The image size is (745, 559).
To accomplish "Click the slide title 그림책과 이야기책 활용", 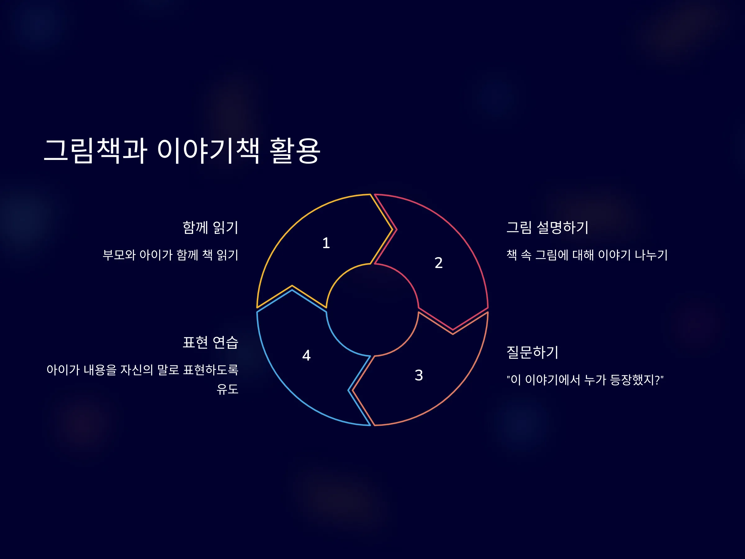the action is (x=182, y=151).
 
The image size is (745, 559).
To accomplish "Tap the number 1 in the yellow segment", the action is (x=326, y=243).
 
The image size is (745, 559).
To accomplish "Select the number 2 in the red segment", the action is (x=439, y=263).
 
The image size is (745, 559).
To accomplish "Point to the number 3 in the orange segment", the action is (x=419, y=375).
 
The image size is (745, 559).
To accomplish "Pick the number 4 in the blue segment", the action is (x=306, y=355).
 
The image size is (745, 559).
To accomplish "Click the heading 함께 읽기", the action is (x=210, y=227).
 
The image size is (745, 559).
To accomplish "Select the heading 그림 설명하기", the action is (x=548, y=227).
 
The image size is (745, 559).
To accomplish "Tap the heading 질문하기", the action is (x=532, y=352).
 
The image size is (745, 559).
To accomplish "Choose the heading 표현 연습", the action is (x=210, y=342).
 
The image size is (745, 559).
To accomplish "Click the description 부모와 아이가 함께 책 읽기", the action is (x=170, y=255).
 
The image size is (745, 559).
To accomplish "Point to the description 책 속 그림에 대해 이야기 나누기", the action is (x=587, y=255).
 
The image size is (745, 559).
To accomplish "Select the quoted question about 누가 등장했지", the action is (x=585, y=380).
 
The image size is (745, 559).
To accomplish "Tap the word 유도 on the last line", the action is (x=227, y=389).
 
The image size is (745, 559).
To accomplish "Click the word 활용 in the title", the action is (x=295, y=151).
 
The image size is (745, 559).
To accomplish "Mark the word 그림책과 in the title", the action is (x=96, y=151).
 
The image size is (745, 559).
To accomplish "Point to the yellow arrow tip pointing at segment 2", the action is (x=392, y=230).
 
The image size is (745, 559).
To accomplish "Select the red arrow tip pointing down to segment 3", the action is (x=453, y=330).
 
